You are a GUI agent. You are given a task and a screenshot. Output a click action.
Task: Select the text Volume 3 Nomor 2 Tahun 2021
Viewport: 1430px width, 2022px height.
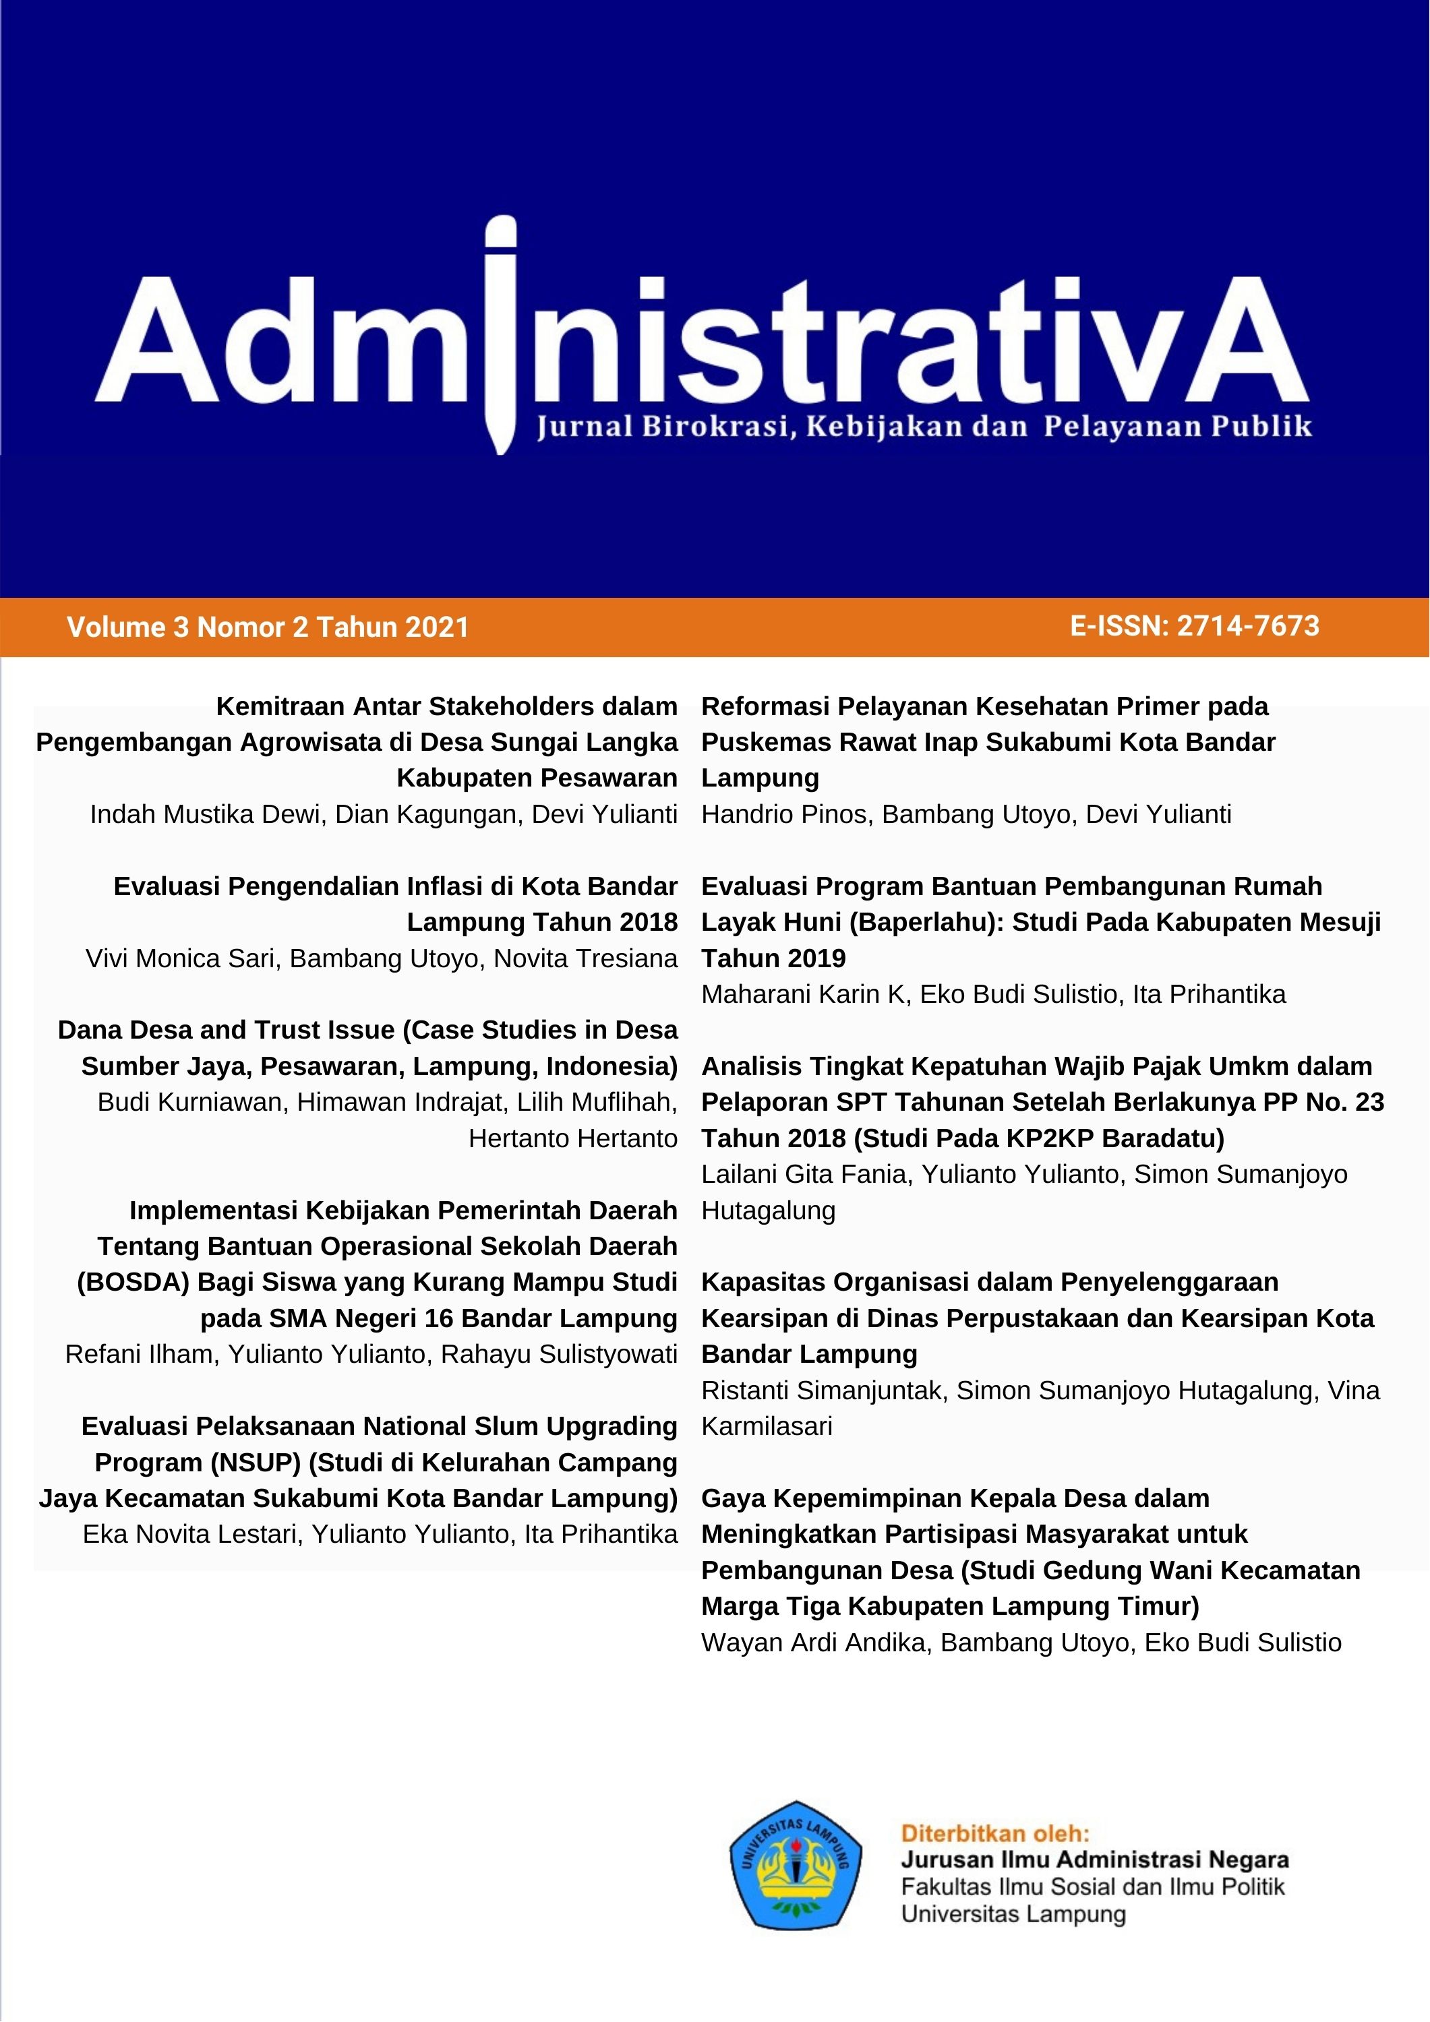[268, 627]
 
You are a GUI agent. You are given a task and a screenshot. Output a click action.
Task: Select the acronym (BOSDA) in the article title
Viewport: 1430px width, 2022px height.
[133, 1281]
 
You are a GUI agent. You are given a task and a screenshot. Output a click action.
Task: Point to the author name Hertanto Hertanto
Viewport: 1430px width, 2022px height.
[572, 1138]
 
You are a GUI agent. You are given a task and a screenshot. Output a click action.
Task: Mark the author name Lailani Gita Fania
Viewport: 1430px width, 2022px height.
[803, 1174]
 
